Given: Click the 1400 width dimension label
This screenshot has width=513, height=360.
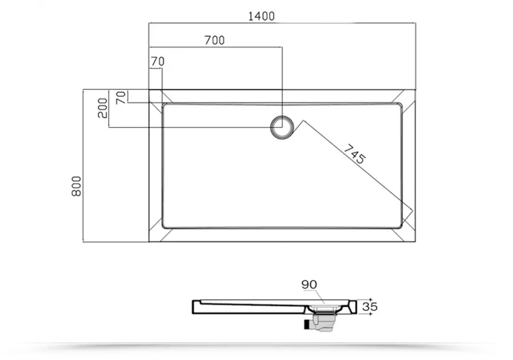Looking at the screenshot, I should point(261,16).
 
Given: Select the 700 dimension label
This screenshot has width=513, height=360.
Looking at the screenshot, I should point(214,40).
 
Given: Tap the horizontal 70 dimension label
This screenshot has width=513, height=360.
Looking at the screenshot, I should point(157,61).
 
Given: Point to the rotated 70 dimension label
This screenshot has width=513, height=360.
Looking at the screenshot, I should point(121,98).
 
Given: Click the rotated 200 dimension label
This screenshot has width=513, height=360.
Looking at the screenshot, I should point(103,108).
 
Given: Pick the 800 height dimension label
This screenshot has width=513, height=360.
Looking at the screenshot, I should point(76,186).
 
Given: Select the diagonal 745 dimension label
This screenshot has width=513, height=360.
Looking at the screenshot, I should point(354,154).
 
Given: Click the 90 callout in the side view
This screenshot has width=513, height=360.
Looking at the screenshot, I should point(310,284).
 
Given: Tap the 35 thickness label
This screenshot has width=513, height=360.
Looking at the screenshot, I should point(369,306).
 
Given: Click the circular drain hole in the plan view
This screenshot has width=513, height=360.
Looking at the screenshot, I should point(282,127).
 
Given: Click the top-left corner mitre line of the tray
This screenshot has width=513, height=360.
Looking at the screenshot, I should point(156,96).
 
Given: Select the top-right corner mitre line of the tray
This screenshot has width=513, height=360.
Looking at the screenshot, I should point(408,96).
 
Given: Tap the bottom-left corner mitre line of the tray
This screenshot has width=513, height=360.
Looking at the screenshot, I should point(156,234).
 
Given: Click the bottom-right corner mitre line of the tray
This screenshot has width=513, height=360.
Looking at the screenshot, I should point(408,234).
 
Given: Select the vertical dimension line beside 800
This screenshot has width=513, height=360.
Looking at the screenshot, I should point(84,165).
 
